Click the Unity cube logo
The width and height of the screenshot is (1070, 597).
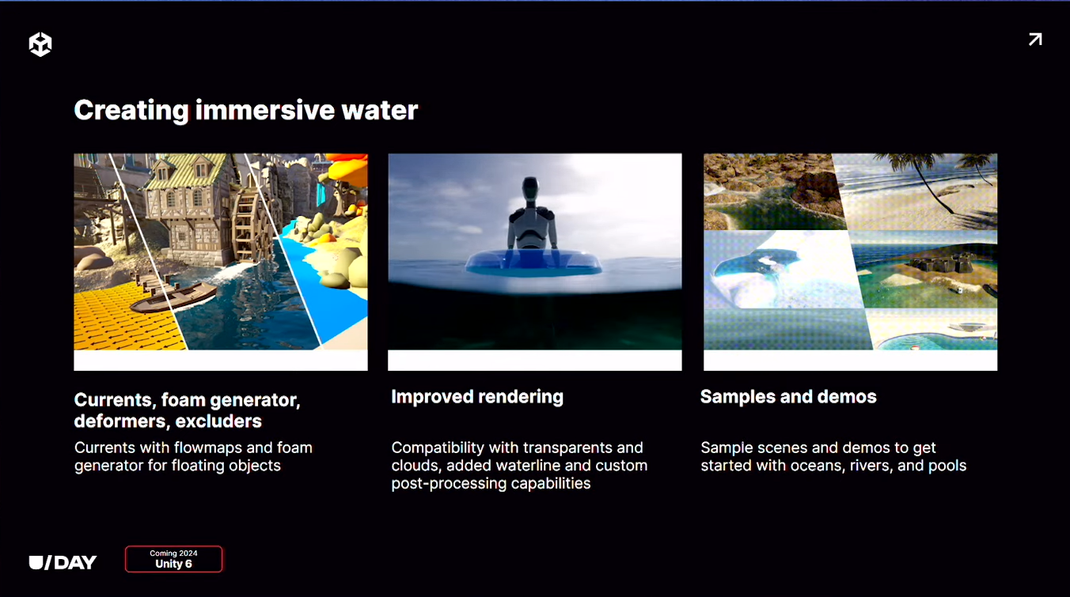[x=40, y=44]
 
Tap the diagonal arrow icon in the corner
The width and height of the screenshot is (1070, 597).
[x=1035, y=40]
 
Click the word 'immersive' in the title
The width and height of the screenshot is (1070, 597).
[x=264, y=110]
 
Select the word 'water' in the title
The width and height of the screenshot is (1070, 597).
[x=379, y=110]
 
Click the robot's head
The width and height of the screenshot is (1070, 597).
[x=530, y=187]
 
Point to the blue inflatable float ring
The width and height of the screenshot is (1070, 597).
[x=533, y=263]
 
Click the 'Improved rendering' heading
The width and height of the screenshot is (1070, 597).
[x=477, y=397]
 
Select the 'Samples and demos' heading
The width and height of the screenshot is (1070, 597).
[x=788, y=397]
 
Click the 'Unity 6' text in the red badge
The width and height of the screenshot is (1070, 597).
[x=173, y=564]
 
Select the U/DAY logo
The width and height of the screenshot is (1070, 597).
[x=63, y=563]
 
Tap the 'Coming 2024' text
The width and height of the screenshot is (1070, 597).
[x=173, y=553]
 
